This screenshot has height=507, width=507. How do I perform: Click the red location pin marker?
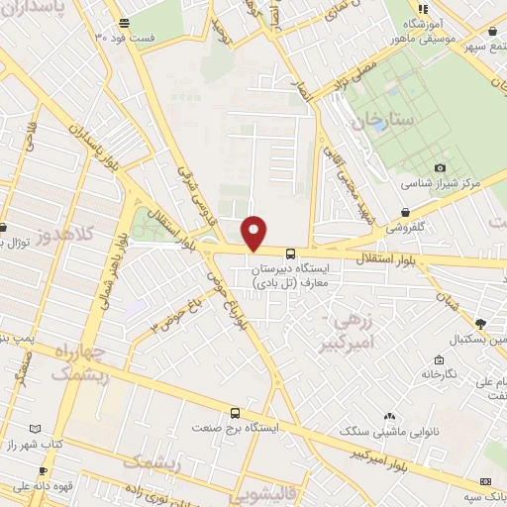pos(254,233)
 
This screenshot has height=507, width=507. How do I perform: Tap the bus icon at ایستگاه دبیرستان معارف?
pos(288,253)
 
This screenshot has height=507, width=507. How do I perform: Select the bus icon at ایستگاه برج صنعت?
pos(235,412)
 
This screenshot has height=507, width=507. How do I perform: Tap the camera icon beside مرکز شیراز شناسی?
pos(440,168)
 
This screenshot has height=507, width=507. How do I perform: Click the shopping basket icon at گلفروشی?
pos(406,211)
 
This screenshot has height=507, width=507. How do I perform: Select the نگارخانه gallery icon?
pos(438,359)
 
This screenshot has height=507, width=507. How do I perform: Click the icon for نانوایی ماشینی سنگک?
pos(389,416)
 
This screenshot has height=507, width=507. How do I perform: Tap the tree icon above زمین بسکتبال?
pos(480,323)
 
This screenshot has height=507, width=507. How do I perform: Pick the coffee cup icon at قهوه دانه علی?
pos(42,470)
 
